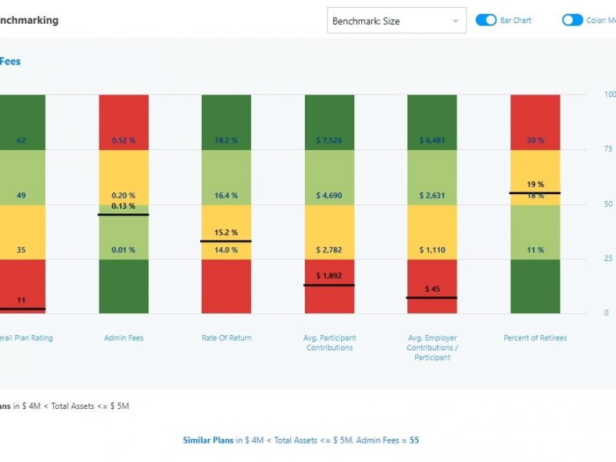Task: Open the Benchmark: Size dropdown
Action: click(x=397, y=21)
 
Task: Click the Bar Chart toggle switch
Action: click(x=486, y=20)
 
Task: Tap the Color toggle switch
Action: click(x=572, y=20)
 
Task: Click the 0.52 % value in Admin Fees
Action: click(x=123, y=141)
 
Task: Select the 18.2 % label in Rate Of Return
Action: click(x=226, y=141)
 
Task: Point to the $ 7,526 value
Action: click(x=330, y=141)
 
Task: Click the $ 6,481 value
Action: click(x=432, y=141)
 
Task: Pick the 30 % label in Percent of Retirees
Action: click(x=535, y=141)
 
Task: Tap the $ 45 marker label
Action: click(x=432, y=290)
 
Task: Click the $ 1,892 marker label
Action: click(x=330, y=276)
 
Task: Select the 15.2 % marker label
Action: click(x=226, y=233)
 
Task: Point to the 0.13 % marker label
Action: click(x=123, y=206)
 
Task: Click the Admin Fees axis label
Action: click(x=123, y=338)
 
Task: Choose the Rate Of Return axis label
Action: click(x=226, y=338)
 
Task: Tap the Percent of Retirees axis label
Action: click(x=535, y=338)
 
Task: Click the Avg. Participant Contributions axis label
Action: click(x=330, y=343)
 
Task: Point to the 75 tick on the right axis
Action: click(x=608, y=149)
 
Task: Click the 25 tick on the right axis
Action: click(x=608, y=259)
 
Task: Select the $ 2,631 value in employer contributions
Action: click(x=432, y=196)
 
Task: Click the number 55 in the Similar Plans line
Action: click(x=414, y=440)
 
